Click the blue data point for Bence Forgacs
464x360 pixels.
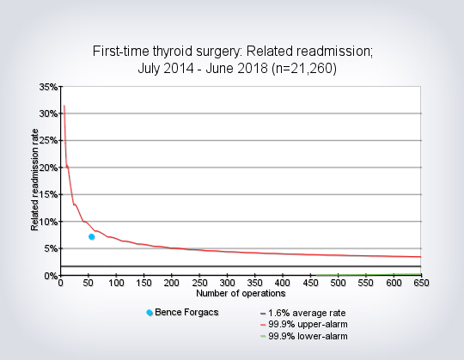[x=92, y=236]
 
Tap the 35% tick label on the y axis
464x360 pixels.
[x=48, y=87]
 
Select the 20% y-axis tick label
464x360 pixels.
[x=48, y=168]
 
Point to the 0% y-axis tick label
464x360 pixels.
[x=51, y=276]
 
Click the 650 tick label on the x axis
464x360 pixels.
[x=421, y=283]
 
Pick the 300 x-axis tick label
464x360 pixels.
[x=227, y=283]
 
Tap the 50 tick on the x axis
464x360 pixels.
[x=89, y=283]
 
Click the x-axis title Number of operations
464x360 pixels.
[x=241, y=294]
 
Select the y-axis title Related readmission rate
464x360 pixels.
[x=34, y=180]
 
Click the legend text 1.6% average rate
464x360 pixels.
[x=307, y=313]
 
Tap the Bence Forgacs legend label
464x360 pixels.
[x=186, y=312]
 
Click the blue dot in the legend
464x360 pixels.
[x=150, y=313]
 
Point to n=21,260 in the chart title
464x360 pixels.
[x=304, y=69]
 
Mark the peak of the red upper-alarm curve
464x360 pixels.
[x=64, y=106]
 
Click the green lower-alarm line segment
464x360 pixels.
[x=369, y=275]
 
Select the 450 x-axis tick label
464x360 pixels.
[x=310, y=283]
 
